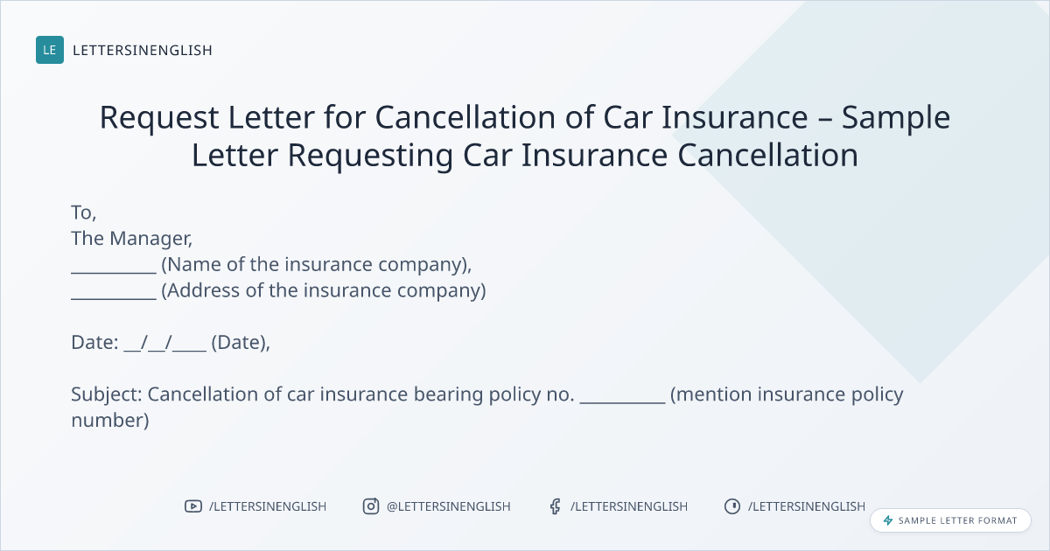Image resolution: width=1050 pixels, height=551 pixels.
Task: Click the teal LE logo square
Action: click(x=50, y=50)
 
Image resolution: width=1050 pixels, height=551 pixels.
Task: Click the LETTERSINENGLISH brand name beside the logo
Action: click(x=143, y=50)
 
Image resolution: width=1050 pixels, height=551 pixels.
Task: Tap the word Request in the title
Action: click(x=159, y=117)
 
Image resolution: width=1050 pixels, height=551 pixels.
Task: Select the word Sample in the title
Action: click(x=896, y=117)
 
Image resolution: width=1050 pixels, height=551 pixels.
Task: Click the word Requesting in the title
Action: click(x=370, y=156)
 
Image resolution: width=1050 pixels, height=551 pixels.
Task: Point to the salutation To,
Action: click(x=83, y=213)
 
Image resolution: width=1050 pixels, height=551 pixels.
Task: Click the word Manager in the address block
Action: click(x=150, y=239)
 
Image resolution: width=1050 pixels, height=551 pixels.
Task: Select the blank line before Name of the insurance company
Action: click(x=114, y=272)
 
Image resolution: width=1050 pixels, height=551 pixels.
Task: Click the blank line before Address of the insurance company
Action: click(x=114, y=298)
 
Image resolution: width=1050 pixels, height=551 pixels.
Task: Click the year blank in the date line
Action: click(x=189, y=350)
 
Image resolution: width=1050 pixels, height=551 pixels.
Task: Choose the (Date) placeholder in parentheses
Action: click(x=241, y=343)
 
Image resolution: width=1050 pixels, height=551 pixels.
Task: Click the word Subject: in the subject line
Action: click(x=107, y=394)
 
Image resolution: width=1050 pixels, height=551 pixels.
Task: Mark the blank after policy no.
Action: click(x=622, y=402)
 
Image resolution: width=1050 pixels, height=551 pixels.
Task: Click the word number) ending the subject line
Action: click(x=110, y=421)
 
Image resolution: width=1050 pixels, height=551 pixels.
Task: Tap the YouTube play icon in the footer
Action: click(x=193, y=506)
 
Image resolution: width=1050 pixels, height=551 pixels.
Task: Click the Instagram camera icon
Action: click(x=371, y=506)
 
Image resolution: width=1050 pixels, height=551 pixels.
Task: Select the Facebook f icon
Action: click(x=556, y=506)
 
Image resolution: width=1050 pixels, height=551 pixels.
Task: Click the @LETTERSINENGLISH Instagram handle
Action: click(x=449, y=506)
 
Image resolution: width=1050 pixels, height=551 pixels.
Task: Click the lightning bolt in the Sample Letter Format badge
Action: click(x=888, y=520)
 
